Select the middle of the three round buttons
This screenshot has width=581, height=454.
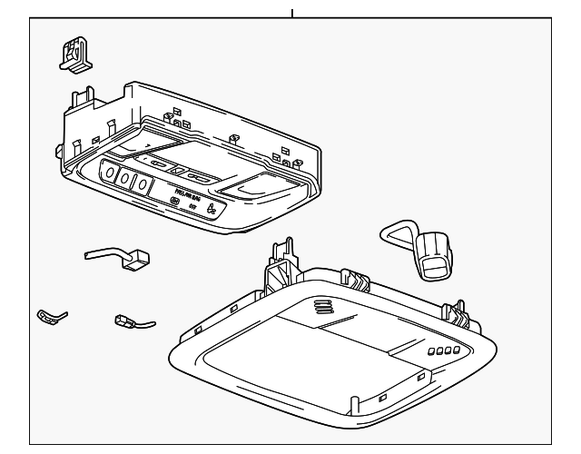[x=127, y=178]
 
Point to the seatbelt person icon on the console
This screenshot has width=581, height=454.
[x=212, y=210]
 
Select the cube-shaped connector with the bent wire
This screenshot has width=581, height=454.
[x=136, y=258]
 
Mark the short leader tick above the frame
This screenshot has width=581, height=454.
[x=291, y=14]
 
